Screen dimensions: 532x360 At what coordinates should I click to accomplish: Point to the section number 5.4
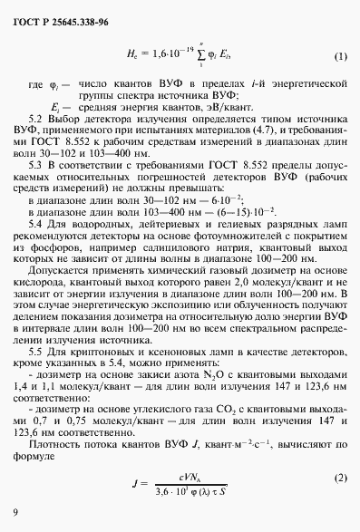pos(64,222)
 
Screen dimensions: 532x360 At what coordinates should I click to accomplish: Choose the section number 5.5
pos(64,349)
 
